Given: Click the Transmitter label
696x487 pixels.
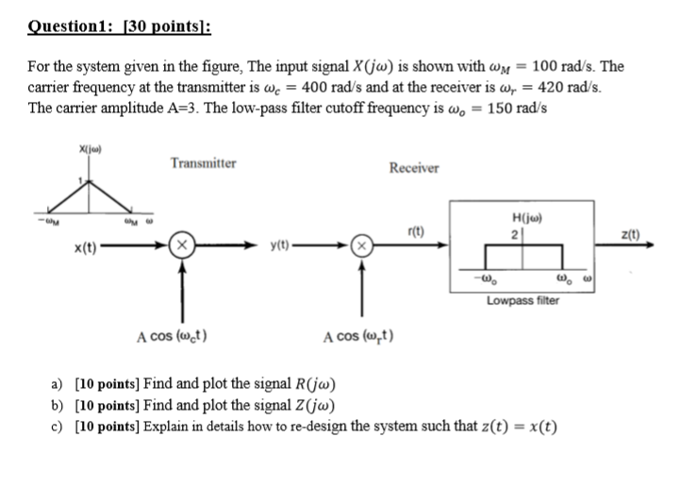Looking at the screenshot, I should click(203, 163).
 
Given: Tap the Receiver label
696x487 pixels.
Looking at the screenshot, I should click(413, 168).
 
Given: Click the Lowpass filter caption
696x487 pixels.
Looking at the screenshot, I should click(522, 300).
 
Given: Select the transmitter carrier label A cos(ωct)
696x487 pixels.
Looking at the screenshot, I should click(173, 335).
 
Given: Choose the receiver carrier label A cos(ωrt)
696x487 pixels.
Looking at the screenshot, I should click(358, 335).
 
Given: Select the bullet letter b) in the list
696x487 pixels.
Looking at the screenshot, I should click(58, 407).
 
